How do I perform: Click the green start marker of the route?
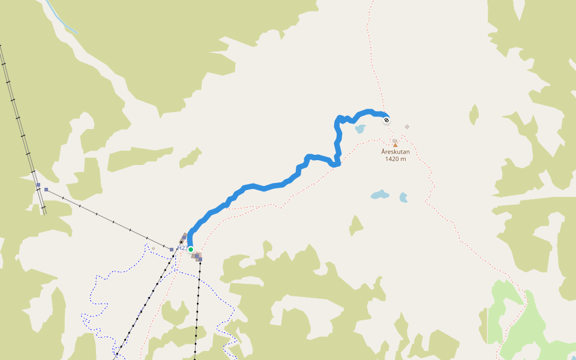click(x=191, y=249)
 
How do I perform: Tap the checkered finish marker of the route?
click(x=386, y=120)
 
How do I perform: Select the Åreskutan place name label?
click(x=395, y=152)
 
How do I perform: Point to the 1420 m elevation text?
click(x=395, y=159)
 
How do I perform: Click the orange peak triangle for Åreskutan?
click(x=395, y=145)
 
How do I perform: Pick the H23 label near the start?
click(x=182, y=248)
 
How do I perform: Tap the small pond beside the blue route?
click(x=360, y=128)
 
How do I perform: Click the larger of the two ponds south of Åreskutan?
click(x=379, y=194)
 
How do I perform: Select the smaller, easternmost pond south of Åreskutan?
click(x=403, y=197)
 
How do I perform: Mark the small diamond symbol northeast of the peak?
click(x=407, y=127)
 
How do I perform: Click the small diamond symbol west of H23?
click(x=153, y=248)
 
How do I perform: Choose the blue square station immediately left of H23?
click(x=172, y=249)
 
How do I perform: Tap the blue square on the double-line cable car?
click(x=38, y=185)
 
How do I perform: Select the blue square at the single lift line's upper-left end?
click(x=46, y=190)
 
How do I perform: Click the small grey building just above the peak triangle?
click(x=394, y=140)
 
